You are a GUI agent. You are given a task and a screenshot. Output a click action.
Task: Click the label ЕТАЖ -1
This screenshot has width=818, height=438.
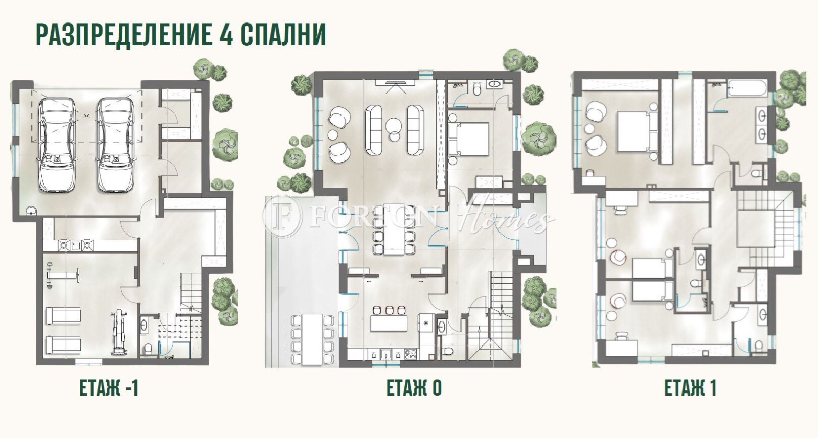(x=108, y=388)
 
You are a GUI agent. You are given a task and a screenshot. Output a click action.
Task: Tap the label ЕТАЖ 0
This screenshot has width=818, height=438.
(x=414, y=388)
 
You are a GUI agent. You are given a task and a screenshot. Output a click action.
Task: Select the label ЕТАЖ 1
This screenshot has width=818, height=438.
(x=690, y=388)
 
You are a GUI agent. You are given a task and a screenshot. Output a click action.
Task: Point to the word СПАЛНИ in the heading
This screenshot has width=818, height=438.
(x=282, y=35)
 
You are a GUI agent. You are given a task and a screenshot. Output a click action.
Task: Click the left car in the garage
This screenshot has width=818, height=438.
(x=57, y=145)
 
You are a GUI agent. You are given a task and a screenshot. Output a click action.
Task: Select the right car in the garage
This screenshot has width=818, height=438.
(x=117, y=145)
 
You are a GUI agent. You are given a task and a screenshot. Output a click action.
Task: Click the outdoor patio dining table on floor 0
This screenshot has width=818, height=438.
(x=312, y=340)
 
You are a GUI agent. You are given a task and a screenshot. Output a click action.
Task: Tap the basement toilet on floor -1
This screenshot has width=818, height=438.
(x=148, y=349)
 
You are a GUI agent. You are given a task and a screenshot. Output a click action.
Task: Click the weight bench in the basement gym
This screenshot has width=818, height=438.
(x=61, y=273)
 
